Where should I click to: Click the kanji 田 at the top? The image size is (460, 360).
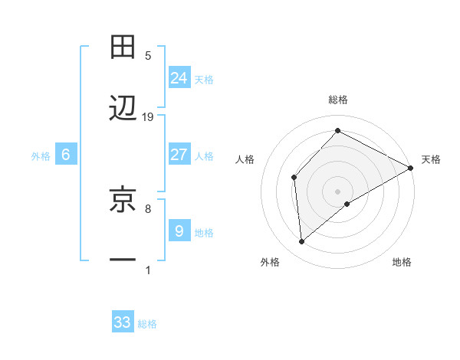click(123, 47)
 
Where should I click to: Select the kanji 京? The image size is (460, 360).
click(123, 198)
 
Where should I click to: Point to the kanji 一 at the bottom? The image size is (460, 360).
click(123, 260)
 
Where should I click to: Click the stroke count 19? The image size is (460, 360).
click(148, 117)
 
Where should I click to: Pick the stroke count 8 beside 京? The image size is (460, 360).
click(148, 208)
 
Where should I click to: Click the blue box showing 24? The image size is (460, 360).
click(179, 78)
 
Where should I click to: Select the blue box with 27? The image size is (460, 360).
click(179, 155)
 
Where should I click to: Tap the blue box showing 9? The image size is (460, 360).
click(179, 231)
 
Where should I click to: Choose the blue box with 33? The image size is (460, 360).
click(123, 322)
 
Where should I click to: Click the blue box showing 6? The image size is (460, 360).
click(66, 155)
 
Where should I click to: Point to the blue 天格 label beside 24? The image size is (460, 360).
click(204, 79)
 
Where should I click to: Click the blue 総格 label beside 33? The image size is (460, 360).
click(147, 324)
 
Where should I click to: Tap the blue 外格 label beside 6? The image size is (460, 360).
click(41, 155)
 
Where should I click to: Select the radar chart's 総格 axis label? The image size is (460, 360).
click(337, 100)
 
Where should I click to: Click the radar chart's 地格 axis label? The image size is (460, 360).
click(402, 263)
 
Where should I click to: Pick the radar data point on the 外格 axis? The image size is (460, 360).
click(302, 242)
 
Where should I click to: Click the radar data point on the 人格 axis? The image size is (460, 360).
click(294, 177)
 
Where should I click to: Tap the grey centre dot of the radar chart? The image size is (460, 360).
click(337, 191)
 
